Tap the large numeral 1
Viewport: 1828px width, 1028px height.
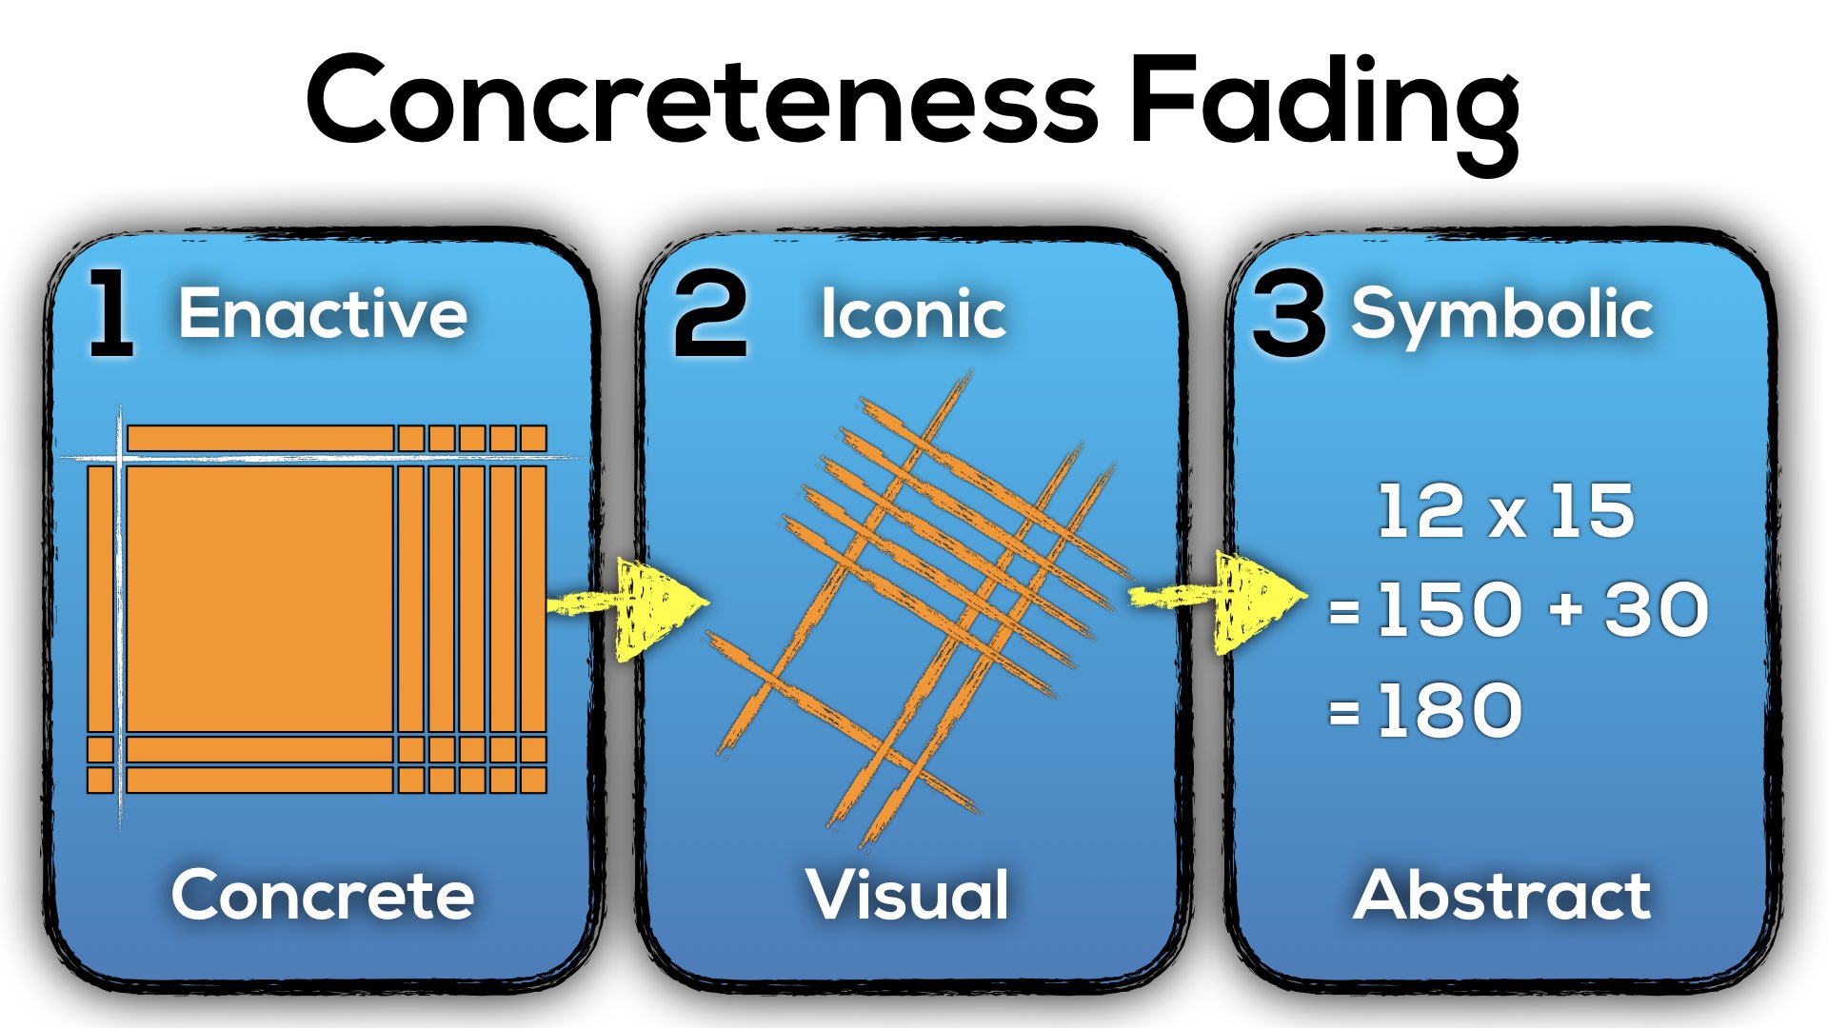pyautogui.click(x=110, y=313)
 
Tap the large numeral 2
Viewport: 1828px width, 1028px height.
pyautogui.click(x=710, y=315)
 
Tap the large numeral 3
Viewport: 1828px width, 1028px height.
pyautogui.click(x=1288, y=315)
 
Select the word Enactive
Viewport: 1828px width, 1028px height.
pyautogui.click(x=323, y=313)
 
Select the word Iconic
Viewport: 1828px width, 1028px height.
pyautogui.click(x=913, y=314)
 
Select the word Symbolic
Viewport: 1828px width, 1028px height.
pyautogui.click(x=1502, y=314)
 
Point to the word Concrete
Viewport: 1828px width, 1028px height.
pyautogui.click(x=323, y=895)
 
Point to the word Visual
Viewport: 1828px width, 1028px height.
pyautogui.click(x=907, y=895)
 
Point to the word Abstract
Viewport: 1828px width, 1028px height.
pyautogui.click(x=1502, y=895)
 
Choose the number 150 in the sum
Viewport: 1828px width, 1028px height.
pyautogui.click(x=1449, y=609)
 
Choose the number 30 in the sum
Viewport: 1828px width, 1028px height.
pyautogui.click(x=1657, y=609)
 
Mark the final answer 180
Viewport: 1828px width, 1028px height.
pyautogui.click(x=1449, y=710)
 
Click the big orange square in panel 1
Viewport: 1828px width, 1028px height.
pyautogui.click(x=259, y=598)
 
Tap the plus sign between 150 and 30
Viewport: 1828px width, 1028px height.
pyautogui.click(x=1565, y=609)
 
